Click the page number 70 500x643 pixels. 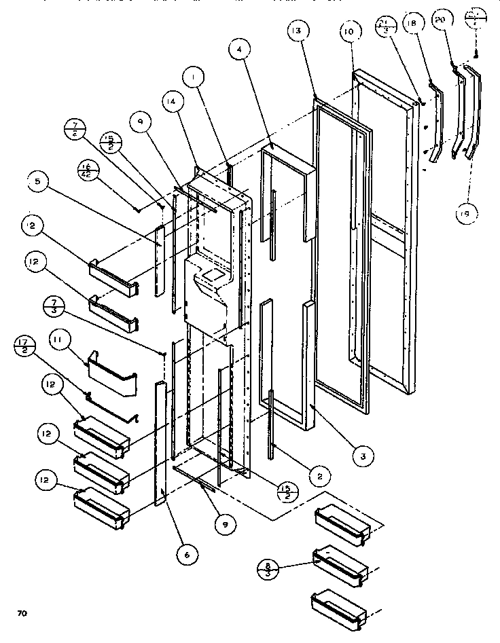pos(22,614)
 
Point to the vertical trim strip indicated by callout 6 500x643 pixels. pos(160,441)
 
